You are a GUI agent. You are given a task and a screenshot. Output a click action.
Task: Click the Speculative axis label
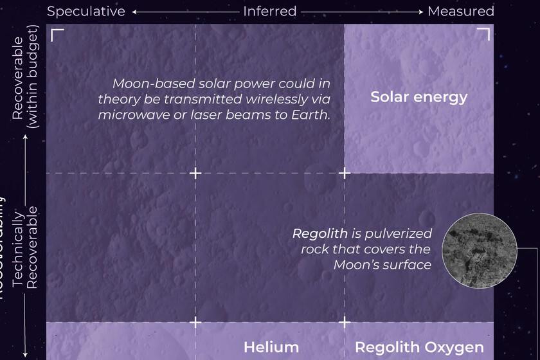point(85,11)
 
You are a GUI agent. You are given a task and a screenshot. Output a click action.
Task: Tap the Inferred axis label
point(269,11)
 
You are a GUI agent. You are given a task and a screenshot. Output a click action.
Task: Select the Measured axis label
point(460,11)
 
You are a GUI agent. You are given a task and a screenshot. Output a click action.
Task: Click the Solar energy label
point(419,98)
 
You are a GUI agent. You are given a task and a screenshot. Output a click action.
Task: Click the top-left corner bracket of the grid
point(57,34)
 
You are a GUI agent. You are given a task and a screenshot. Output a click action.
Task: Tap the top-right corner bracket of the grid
point(483,34)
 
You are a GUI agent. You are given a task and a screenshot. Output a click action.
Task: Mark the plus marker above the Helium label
point(195,321)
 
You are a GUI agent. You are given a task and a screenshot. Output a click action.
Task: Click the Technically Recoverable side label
point(25,248)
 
